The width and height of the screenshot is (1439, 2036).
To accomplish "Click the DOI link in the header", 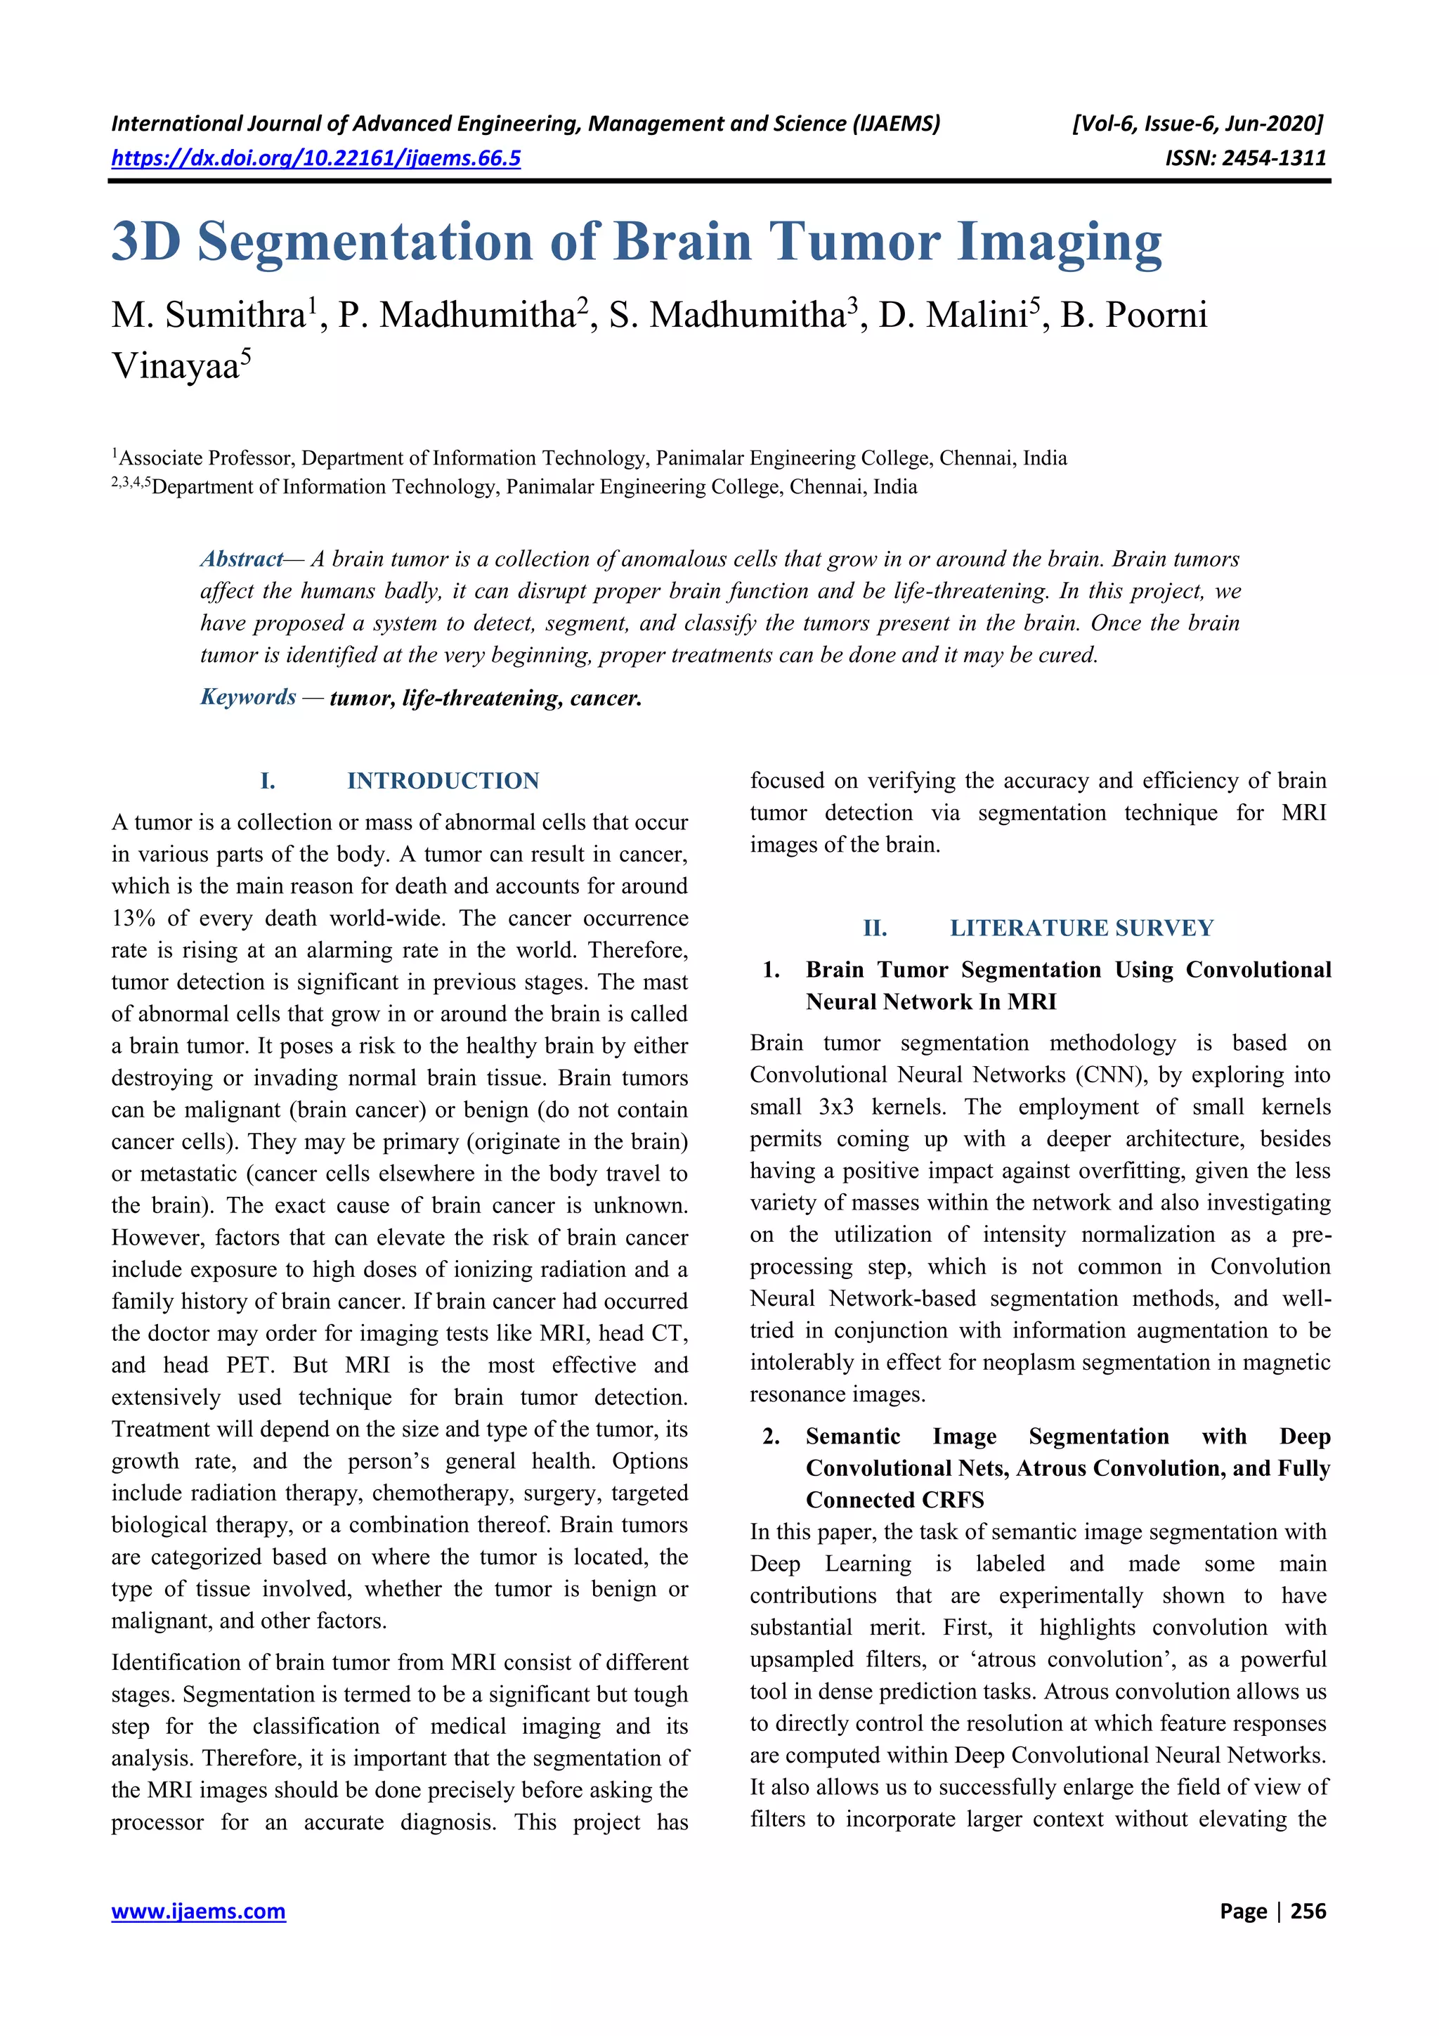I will coord(315,159).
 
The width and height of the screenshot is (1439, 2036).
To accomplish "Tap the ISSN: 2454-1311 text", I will coord(1245,159).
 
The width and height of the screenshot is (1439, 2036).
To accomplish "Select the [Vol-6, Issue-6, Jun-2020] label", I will coord(1197,123).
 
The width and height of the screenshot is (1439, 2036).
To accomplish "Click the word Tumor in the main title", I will coord(853,241).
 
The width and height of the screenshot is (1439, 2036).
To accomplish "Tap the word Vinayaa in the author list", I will coord(175,366).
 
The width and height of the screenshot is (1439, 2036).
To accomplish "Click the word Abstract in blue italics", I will coord(241,559).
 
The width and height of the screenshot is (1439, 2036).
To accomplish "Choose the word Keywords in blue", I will coord(248,697).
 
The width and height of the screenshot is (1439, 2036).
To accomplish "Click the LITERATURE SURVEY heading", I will coord(1081,928).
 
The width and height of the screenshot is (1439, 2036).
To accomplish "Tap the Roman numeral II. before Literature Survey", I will coord(874,928).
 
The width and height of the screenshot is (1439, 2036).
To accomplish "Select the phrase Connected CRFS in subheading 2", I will coord(894,1500).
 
